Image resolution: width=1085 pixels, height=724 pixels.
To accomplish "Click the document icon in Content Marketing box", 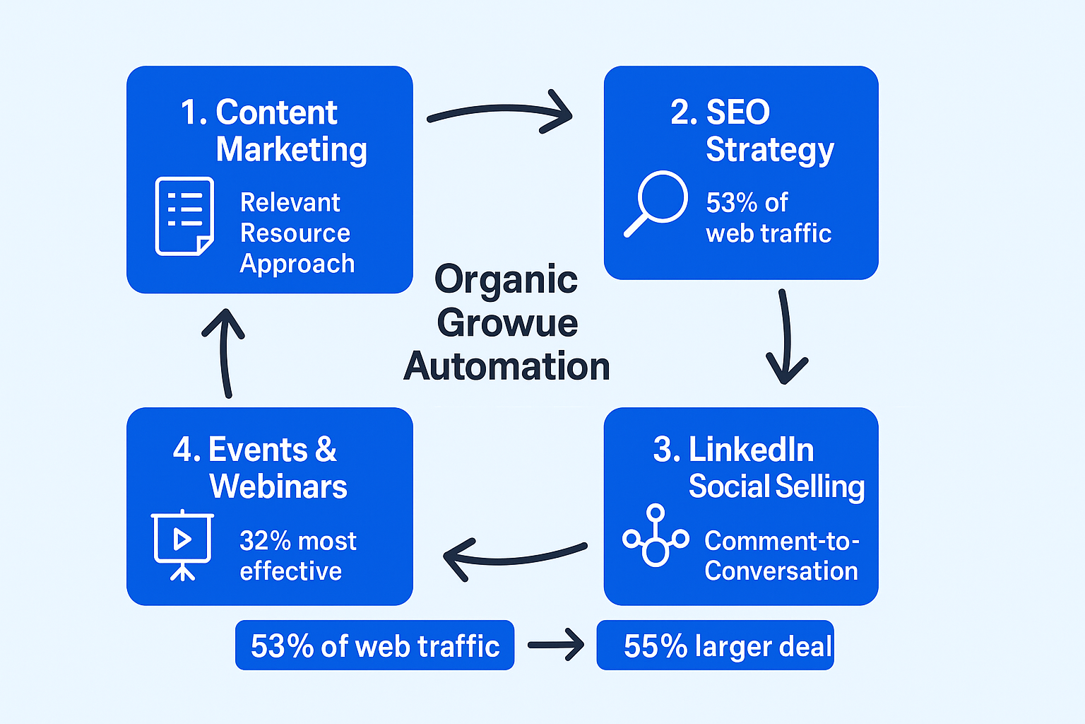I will pyautogui.click(x=184, y=216).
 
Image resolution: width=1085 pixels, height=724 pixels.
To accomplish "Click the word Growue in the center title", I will pyautogui.click(x=507, y=323).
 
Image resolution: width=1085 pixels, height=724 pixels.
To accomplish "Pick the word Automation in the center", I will pyautogui.click(x=507, y=366).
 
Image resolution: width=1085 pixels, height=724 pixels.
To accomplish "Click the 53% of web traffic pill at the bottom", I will pyautogui.click(x=374, y=646).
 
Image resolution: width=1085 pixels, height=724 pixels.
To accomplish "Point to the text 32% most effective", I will pyautogui.click(x=297, y=556).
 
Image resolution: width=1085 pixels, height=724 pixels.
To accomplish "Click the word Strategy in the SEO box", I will pyautogui.click(x=770, y=150).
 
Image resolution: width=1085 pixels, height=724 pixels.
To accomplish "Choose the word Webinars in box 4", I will pyautogui.click(x=278, y=486).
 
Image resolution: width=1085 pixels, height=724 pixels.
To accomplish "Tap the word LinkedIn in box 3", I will pyautogui.click(x=751, y=450).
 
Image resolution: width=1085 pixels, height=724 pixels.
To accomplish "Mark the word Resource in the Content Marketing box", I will pyautogui.click(x=295, y=233).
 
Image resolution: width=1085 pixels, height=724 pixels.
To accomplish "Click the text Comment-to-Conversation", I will pyautogui.click(x=781, y=556).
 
